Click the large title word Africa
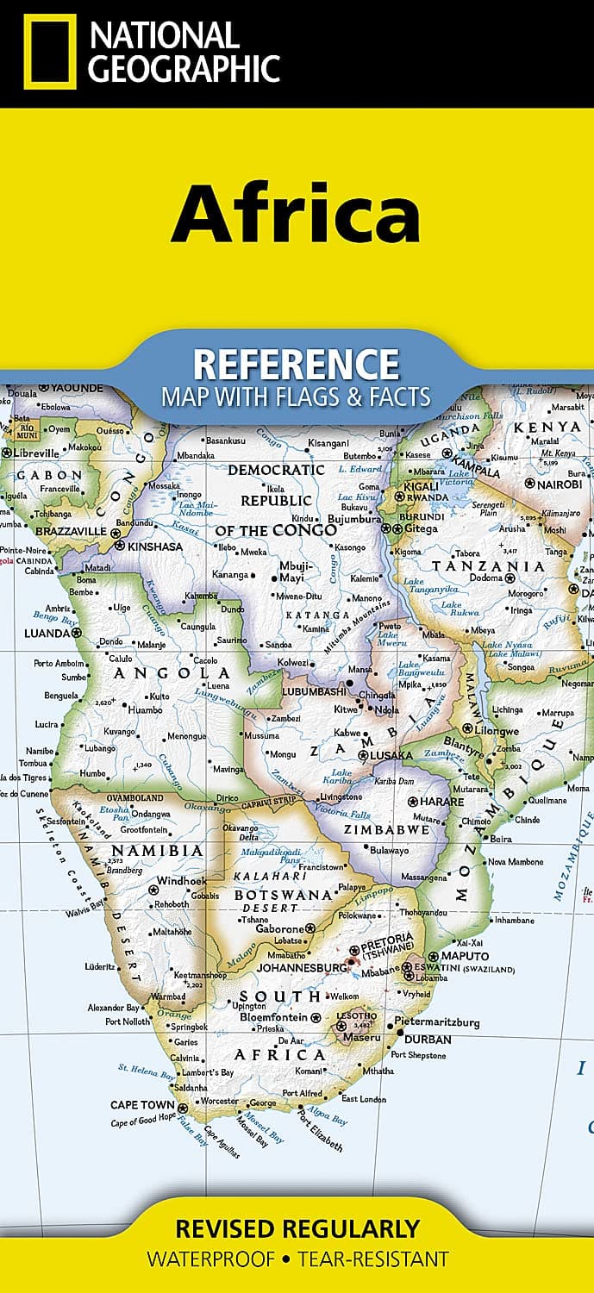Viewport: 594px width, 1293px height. [x=296, y=213]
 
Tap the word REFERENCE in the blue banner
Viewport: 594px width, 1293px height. [x=296, y=365]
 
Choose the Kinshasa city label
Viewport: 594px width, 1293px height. [x=154, y=546]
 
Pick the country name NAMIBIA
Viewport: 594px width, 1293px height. [x=157, y=851]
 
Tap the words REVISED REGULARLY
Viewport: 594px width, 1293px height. [x=297, y=1228]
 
